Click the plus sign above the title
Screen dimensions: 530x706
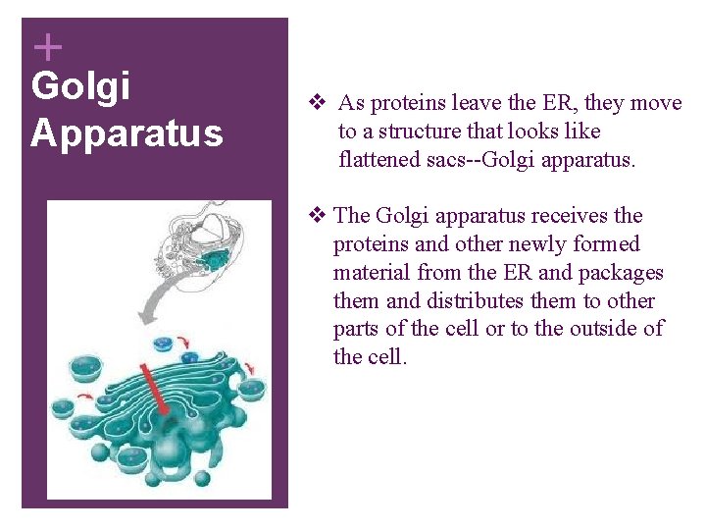pos(47,46)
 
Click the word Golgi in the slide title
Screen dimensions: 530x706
pos(80,86)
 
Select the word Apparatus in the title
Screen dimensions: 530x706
pos(126,132)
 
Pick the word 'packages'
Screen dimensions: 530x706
pos(624,273)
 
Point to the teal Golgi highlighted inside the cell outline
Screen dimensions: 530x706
pos(213,258)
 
